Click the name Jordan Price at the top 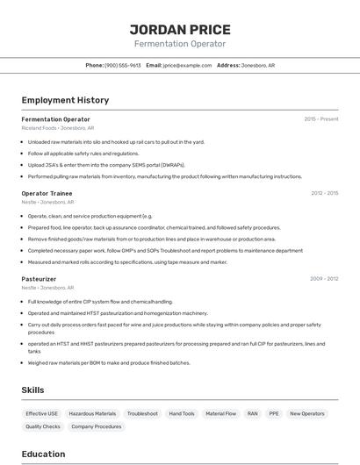pyautogui.click(x=179, y=29)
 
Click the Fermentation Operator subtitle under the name pyautogui.click(x=179, y=44)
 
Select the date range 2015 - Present pyautogui.click(x=320, y=119)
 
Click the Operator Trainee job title pyautogui.click(x=47, y=193)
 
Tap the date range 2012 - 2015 pyautogui.click(x=324, y=193)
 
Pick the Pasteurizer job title pyautogui.click(x=39, y=279)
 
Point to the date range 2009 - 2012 pyautogui.click(x=324, y=279)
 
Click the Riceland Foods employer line pyautogui.click(x=57, y=128)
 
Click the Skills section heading pyautogui.click(x=33, y=390)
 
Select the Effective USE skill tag pyautogui.click(x=41, y=413)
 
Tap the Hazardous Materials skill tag pyautogui.click(x=92, y=413)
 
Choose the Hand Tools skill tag pyautogui.click(x=182, y=413)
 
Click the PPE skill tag pyautogui.click(x=274, y=413)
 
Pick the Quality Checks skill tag pyautogui.click(x=43, y=426)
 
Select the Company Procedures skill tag pyautogui.click(x=97, y=426)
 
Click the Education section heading pyautogui.click(x=43, y=454)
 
